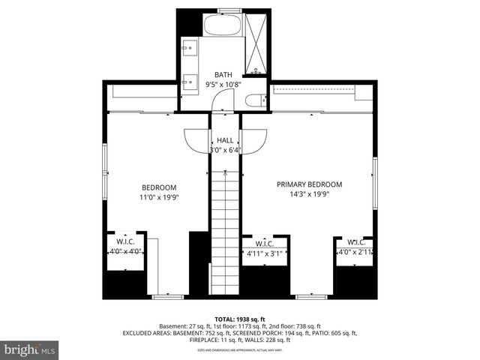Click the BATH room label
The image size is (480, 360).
pos(223,74)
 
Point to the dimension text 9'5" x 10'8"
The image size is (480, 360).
pos(223,84)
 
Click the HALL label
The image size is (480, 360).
pos(224,140)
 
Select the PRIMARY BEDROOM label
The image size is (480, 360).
pos(309,184)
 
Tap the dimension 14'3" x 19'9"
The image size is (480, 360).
pos(309,194)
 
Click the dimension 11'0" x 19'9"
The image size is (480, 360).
pos(159,197)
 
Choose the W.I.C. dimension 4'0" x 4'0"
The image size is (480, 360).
pos(125,253)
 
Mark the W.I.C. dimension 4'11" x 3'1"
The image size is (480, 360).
pos(264,253)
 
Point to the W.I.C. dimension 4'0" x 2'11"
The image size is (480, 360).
pos(355,253)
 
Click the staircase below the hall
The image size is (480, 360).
pos(224,232)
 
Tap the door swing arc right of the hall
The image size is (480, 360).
pos(254,140)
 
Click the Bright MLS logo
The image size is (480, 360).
pos(30,349)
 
